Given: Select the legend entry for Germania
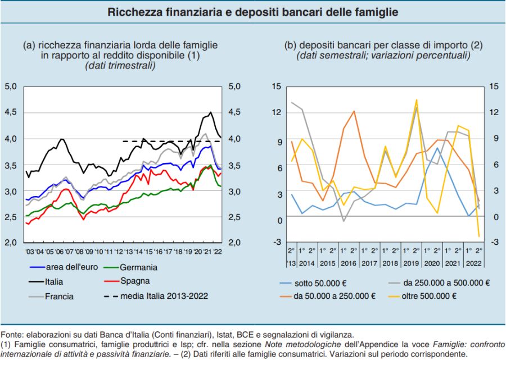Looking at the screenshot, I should pos(137,267).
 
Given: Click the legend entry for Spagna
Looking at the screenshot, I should pos(134,281).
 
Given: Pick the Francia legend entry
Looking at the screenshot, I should pos(59,296).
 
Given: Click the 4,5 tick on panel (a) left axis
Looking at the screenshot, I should pos(11,112).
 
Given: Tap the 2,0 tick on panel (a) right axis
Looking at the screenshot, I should pos(234,243).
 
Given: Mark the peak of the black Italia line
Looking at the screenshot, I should pos(211,112).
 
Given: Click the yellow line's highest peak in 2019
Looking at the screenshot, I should pos(417,100).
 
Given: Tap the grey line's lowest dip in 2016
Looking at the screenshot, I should pos(344,221).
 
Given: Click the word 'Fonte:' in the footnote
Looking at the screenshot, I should pos(12,335).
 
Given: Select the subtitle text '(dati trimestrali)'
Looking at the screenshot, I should pos(120,66).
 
